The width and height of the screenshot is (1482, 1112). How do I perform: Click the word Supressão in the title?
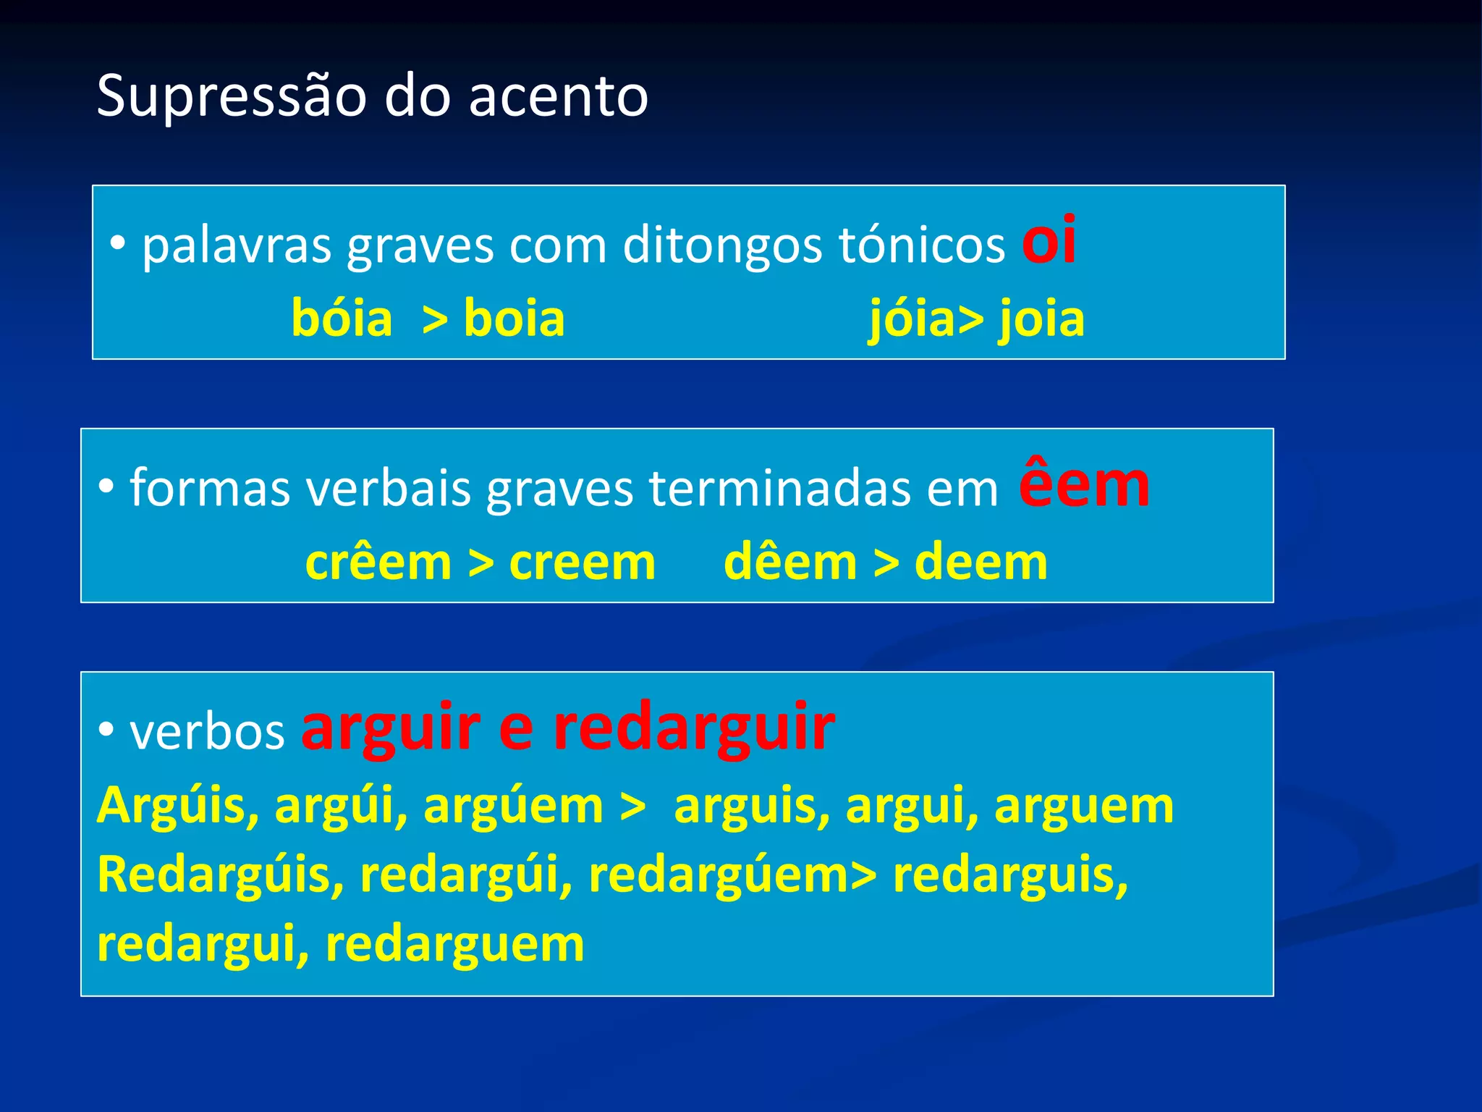coord(232,96)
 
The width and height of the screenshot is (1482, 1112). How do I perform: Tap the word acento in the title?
coord(558,96)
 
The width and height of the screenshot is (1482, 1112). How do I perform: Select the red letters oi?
coord(1048,241)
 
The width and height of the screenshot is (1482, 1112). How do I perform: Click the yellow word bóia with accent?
coord(342,319)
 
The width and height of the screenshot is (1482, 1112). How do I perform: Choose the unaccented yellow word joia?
coord(1042,319)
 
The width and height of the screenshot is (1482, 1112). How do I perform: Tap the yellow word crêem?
coord(378,563)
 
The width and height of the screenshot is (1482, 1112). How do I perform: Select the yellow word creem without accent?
coord(583,563)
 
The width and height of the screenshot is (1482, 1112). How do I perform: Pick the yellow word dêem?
coord(790,563)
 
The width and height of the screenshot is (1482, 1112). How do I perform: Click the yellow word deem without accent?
coord(981,563)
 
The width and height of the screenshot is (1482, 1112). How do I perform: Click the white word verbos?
coord(207,732)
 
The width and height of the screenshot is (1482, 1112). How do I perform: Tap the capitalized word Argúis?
coord(178,805)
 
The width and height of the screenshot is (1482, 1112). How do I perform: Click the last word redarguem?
coord(454,944)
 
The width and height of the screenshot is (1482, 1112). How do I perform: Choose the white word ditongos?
coord(723,245)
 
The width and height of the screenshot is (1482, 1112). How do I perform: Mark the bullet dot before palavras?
coord(117,245)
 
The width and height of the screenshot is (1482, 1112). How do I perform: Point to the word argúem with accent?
coord(513,805)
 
